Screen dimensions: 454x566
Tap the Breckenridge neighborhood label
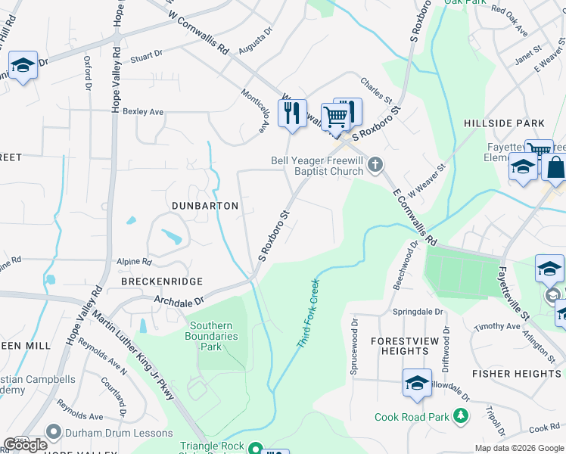162,281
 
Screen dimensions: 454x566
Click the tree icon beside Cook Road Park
459,417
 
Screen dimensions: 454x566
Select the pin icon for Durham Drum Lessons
53,432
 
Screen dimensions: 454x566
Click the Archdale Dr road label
179,301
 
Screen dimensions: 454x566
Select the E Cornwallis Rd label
415,217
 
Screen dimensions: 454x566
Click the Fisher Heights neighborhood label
516,374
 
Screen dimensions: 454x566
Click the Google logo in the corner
25,445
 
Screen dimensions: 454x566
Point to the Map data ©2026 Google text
518,448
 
